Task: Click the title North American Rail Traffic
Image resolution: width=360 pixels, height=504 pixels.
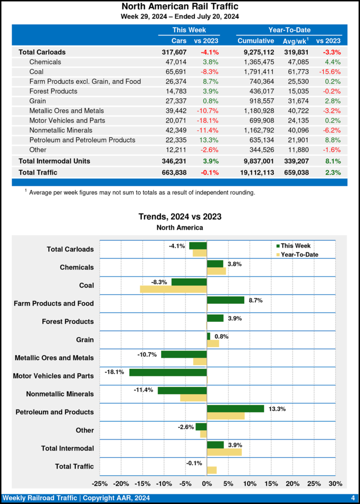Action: pos(180,6)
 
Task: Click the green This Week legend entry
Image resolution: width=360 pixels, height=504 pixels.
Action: pos(293,246)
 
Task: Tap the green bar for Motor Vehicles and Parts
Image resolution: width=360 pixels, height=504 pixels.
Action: pos(168,372)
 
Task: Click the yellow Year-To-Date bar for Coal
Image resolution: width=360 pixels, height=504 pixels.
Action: pos(173,289)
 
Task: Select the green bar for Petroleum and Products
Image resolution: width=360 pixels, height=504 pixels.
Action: pos(235,409)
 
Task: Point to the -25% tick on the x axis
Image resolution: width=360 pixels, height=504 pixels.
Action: pos(100,483)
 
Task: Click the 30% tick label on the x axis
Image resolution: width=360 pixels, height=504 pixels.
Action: pos(335,483)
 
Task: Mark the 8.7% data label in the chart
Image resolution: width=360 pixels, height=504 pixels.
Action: pos(255,300)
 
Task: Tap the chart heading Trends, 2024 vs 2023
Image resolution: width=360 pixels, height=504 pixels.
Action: pos(180,217)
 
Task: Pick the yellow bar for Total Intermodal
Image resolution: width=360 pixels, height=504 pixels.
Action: pos(224,452)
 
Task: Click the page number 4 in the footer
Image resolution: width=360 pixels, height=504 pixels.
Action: pos(353,498)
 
